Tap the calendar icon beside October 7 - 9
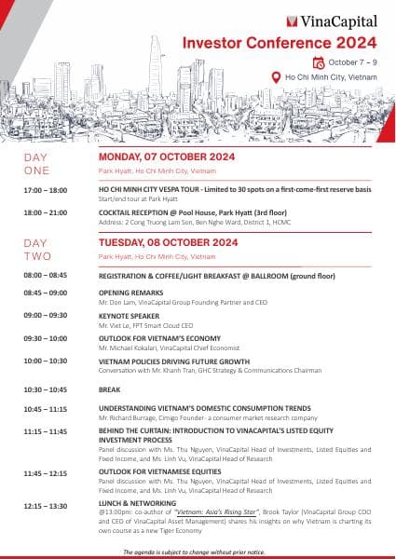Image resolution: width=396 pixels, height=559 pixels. [320, 62]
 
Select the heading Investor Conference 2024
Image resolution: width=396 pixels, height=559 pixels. [279, 42]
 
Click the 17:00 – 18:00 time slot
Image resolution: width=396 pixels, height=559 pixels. [46, 190]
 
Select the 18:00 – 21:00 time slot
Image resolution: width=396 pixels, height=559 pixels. [46, 212]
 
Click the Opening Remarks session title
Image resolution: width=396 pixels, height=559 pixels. [131, 293]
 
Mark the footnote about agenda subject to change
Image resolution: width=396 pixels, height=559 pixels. [197, 552]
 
